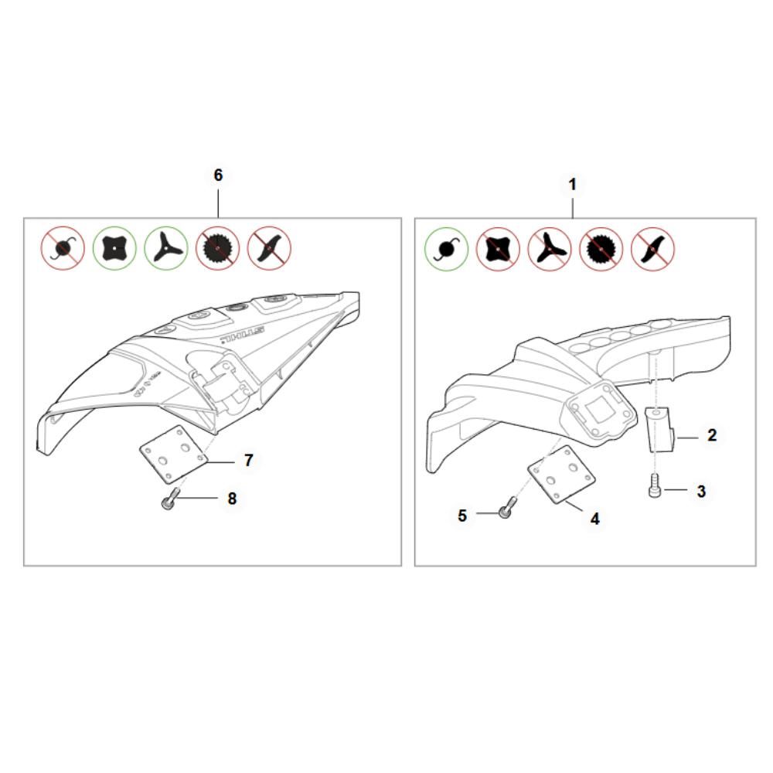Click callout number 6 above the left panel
coord(218,175)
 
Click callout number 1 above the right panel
coord(572,185)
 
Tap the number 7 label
coord(248,461)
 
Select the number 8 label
coord(232,499)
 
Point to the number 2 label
coord(712,434)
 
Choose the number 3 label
coord(701,491)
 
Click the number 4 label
coord(595,519)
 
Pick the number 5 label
coord(462,516)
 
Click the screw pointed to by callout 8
coord(169,499)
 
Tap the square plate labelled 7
coord(173,454)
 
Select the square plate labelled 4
coord(561,475)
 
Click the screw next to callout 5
coord(507,508)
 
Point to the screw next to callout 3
coord(654,485)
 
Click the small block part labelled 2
coord(660,429)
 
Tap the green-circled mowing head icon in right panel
coord(447,249)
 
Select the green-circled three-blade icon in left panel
coord(166,248)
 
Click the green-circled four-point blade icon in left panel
coord(114,248)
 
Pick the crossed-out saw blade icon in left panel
coord(217,248)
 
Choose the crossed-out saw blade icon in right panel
coord(601,249)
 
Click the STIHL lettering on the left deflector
coord(243,334)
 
